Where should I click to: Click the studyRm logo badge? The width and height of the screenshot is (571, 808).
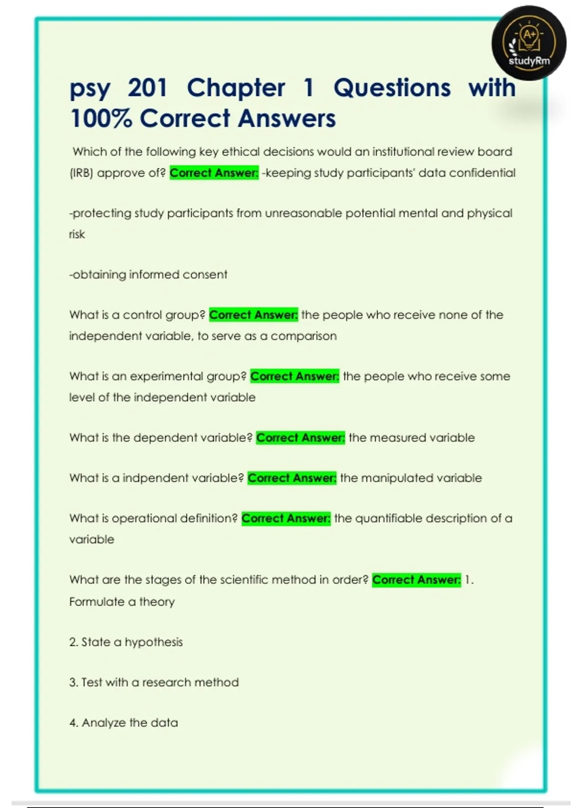[529, 43]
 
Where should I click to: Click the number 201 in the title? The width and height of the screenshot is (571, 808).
[148, 88]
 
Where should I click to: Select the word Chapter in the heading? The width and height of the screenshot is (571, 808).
[236, 88]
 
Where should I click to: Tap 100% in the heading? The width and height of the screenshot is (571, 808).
[100, 118]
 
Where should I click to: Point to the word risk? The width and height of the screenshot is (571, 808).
[77, 234]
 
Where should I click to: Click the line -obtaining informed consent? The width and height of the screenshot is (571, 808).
[148, 275]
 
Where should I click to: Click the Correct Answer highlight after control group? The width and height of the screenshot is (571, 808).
[253, 315]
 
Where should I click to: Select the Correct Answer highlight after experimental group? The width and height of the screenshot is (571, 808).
[295, 376]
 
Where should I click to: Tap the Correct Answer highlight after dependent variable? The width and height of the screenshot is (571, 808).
[300, 438]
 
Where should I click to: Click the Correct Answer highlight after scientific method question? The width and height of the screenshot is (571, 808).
[416, 580]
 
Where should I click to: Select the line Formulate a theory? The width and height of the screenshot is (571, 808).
[122, 602]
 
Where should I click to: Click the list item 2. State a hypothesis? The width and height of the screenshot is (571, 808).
[126, 642]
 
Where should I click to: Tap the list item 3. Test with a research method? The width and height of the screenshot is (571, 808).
[154, 683]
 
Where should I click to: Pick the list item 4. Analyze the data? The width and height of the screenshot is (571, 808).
[123, 723]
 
